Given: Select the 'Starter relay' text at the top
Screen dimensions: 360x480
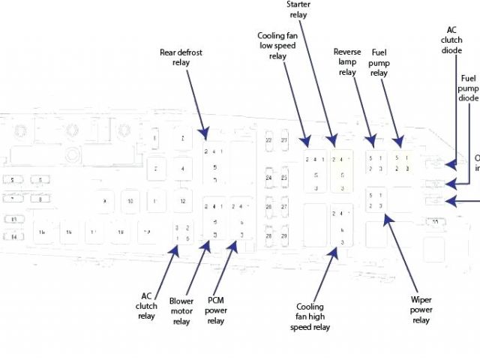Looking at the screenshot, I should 298,8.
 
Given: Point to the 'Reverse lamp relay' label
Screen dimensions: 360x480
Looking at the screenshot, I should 346,62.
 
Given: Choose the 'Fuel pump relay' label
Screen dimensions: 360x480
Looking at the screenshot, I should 379,63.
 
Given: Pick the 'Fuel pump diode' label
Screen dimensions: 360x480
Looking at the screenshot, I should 468,88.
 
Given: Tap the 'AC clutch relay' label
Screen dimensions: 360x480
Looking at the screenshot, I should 147,305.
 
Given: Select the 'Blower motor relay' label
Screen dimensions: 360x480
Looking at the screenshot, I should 181,310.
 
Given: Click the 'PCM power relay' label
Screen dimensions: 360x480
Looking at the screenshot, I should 215,310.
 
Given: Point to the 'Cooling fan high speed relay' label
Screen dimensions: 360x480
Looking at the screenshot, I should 310,316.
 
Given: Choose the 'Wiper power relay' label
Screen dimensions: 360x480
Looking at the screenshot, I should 421,309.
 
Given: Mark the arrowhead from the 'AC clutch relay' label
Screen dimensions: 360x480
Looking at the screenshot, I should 177,248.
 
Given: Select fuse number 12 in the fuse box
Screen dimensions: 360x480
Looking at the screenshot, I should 181,201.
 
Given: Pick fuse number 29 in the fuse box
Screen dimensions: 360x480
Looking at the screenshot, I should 284,235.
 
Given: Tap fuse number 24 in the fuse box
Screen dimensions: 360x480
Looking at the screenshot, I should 268,178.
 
